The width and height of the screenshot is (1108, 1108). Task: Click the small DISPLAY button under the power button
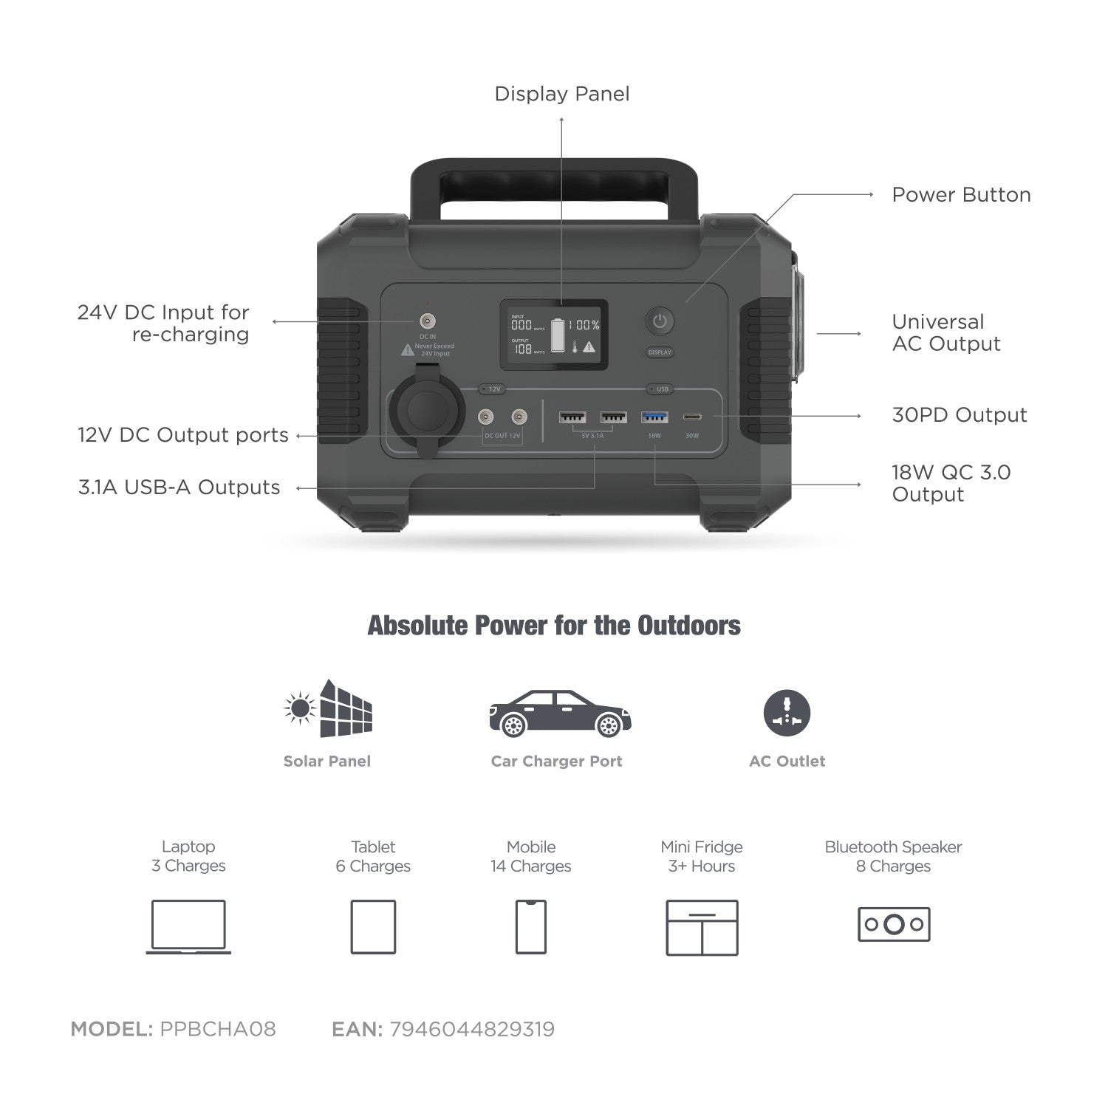660,352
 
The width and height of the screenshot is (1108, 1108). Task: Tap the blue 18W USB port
654,418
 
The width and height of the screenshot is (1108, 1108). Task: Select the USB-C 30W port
692,418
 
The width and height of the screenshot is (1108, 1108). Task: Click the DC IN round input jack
427,321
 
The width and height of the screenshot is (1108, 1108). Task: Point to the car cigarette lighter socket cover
428,410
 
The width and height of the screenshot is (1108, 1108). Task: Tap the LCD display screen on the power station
554,335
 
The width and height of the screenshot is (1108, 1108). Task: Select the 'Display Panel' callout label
561,94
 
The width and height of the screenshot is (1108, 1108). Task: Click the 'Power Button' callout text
961,195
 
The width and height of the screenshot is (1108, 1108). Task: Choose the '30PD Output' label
959,415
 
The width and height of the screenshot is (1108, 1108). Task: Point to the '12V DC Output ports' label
183,435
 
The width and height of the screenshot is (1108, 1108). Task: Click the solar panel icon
329,709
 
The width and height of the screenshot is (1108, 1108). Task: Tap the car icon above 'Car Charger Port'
560,714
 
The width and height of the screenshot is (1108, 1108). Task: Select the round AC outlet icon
787,714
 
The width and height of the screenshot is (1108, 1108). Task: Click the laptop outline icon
188,926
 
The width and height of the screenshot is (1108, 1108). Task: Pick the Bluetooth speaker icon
893,924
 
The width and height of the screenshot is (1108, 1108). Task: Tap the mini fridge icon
702,927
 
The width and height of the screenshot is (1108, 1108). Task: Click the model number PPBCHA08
218,1029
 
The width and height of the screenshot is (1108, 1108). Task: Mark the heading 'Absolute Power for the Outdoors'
554,626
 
